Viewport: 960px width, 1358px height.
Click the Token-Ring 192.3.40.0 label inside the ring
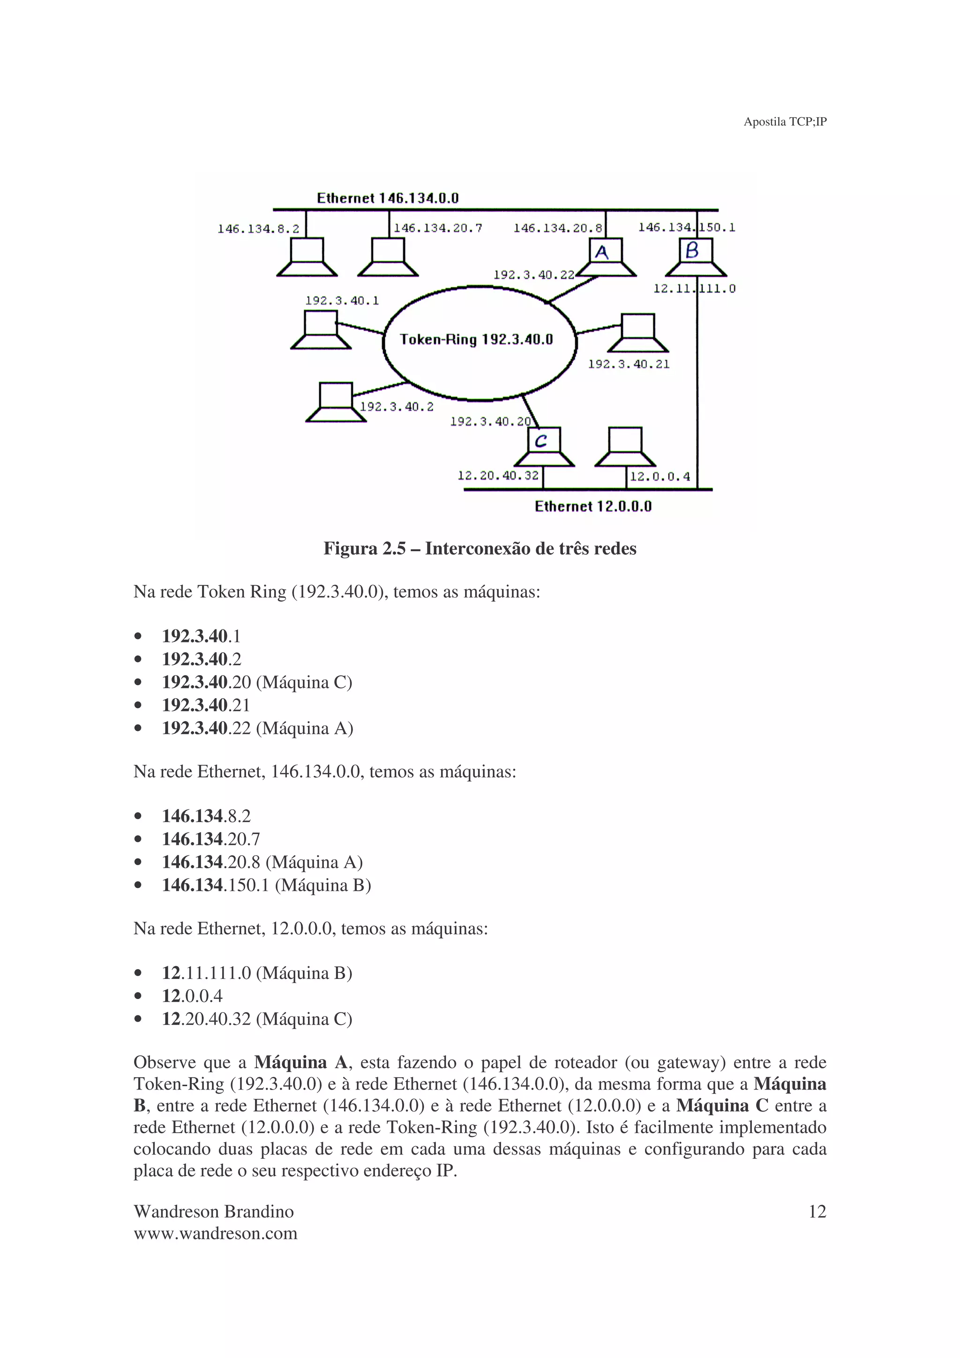476,339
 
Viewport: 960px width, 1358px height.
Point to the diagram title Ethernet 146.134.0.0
388,198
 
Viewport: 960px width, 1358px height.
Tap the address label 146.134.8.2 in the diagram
258,229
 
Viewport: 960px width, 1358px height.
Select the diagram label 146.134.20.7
438,228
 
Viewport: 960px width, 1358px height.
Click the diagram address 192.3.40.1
342,300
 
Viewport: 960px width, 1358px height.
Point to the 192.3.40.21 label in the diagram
629,365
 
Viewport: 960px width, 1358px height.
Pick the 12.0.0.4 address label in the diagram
660,477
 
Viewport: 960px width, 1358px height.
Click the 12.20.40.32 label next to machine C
498,476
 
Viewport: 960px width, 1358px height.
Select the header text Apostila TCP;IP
785,122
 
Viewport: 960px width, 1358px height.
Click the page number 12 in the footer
817,1212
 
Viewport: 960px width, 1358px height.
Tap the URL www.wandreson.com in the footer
215,1233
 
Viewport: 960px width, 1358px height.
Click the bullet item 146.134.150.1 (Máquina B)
266,886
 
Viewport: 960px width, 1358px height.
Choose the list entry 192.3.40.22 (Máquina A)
257,728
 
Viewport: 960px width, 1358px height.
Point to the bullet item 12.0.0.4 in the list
192,996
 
